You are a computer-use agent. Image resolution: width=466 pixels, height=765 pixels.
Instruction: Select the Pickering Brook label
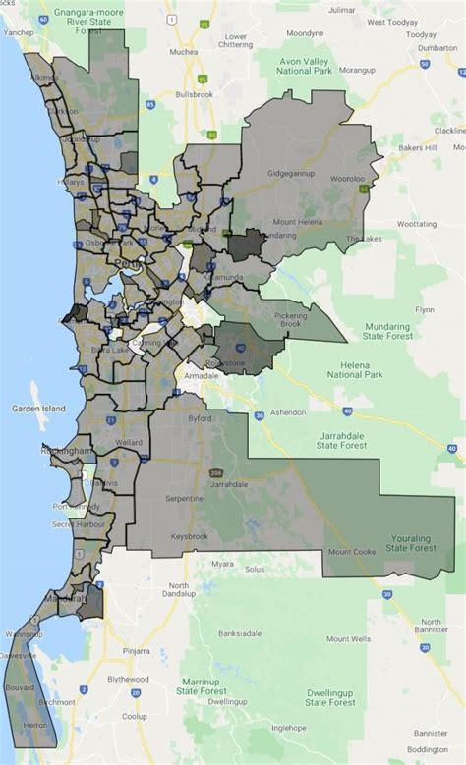pyautogui.click(x=290, y=320)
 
